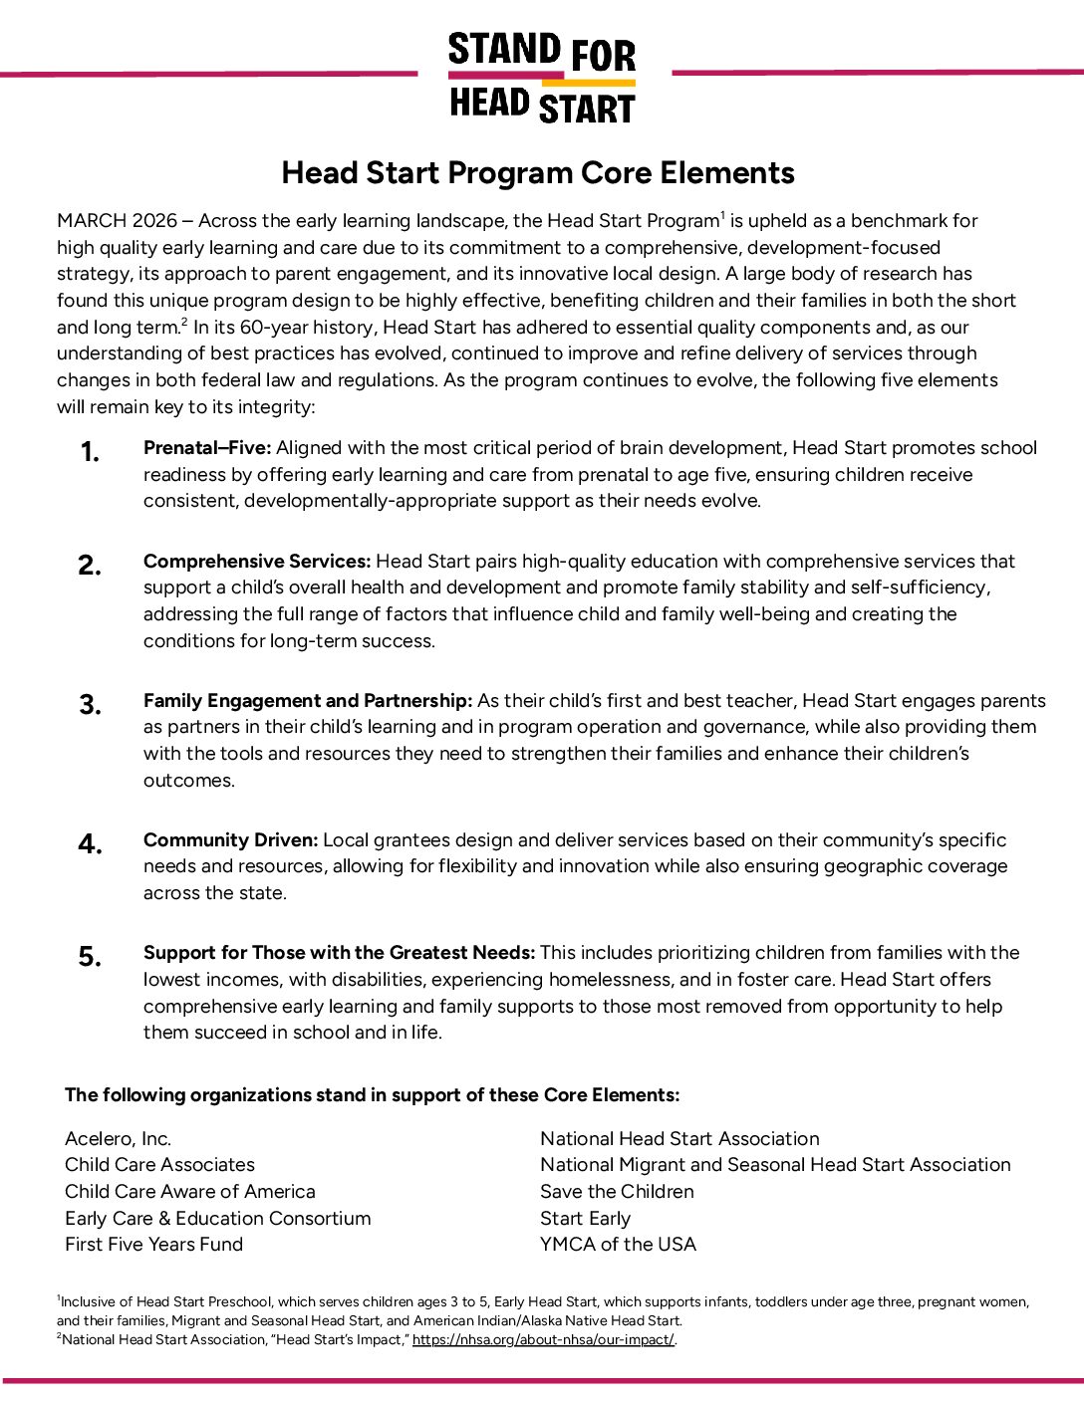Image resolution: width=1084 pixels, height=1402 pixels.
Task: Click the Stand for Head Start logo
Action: [x=542, y=78]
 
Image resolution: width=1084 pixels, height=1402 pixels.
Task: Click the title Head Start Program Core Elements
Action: [x=538, y=173]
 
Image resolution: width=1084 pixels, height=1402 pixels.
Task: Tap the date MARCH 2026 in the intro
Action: [x=117, y=221]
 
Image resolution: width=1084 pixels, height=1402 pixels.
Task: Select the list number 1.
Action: [x=90, y=453]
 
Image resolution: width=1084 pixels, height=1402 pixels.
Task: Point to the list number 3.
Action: [x=90, y=705]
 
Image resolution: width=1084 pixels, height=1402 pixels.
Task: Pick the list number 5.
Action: [x=90, y=957]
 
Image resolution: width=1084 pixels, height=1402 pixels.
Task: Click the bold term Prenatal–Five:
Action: [x=206, y=448]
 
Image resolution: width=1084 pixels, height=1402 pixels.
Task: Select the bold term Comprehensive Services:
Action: [x=256, y=562]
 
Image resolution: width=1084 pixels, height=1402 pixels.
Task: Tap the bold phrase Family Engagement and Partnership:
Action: [x=307, y=701]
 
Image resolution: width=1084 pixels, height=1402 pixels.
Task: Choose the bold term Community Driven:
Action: [x=230, y=840]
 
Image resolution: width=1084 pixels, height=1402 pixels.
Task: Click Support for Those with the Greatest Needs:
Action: [x=339, y=953]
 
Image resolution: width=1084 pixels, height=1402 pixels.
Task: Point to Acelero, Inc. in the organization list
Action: [x=118, y=1139]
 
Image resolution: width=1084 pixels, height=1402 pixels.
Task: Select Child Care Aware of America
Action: [x=189, y=1192]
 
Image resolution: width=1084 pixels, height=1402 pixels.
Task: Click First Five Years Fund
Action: [x=153, y=1245]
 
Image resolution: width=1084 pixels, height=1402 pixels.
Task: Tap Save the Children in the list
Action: [x=617, y=1192]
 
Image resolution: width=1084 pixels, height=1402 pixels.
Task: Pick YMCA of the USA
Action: [x=618, y=1245]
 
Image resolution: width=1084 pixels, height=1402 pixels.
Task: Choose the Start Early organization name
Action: [x=585, y=1219]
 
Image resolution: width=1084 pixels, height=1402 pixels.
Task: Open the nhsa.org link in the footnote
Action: [x=543, y=1340]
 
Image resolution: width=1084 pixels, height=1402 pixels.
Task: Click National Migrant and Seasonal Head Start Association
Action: [x=775, y=1165]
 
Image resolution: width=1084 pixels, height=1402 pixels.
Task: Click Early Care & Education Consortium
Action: [x=217, y=1219]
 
